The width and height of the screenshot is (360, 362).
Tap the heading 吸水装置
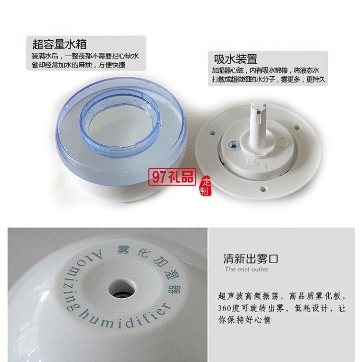[236, 60]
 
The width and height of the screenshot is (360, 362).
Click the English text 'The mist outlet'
[246, 269]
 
